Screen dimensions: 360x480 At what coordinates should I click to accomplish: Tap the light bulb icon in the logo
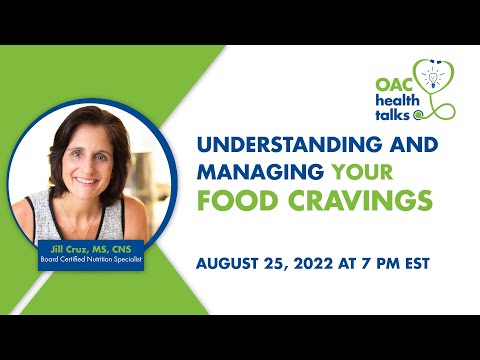click(x=432, y=77)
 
